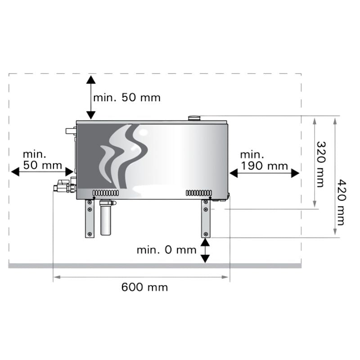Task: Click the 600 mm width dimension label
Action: (x=144, y=287)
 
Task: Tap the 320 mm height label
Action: (x=321, y=164)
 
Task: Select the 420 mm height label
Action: (x=341, y=202)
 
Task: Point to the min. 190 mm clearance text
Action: (x=264, y=160)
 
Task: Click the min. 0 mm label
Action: (x=166, y=250)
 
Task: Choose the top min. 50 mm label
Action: (x=127, y=98)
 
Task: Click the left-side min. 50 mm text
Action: (x=42, y=160)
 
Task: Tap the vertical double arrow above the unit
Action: (x=91, y=98)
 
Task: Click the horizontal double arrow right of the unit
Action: (x=264, y=173)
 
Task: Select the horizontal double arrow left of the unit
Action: (x=42, y=171)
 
